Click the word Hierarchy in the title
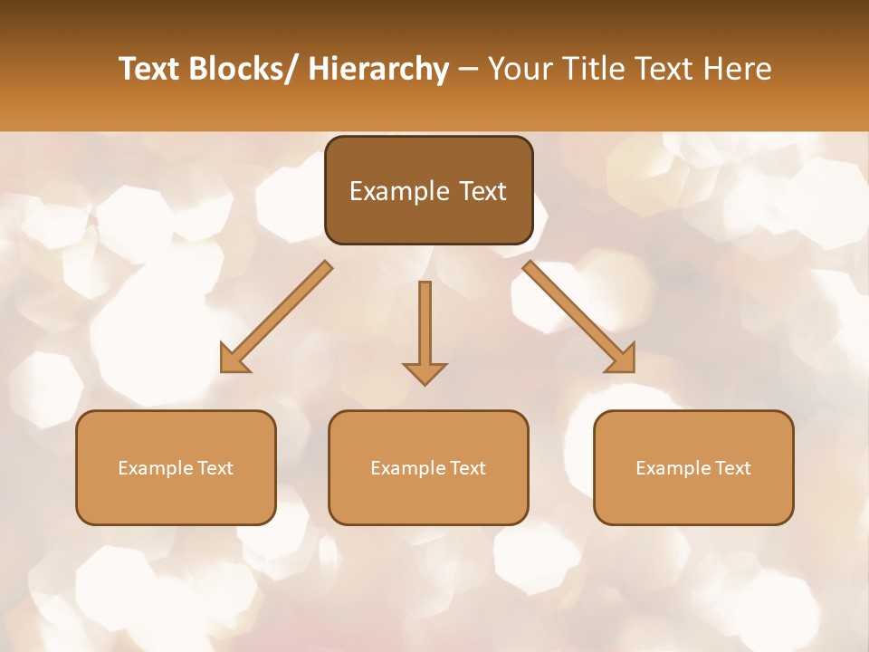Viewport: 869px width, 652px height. click(x=377, y=69)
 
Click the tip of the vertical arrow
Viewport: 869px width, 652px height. click(x=425, y=384)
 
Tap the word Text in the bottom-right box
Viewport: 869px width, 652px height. click(x=731, y=468)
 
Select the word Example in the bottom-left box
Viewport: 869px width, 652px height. click(x=155, y=468)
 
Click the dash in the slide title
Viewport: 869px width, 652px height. click(x=468, y=70)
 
